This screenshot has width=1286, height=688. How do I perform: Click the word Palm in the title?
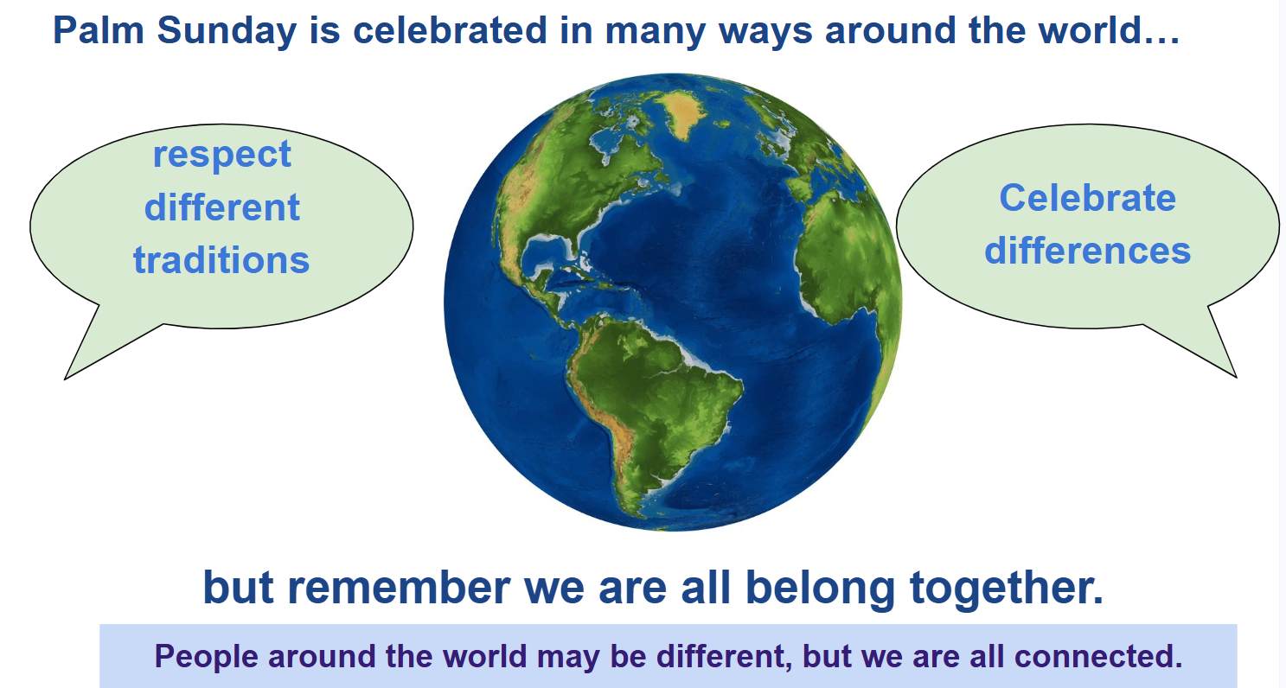99,30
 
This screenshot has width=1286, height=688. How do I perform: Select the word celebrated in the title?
450,30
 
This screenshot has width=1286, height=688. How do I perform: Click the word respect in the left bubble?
222,155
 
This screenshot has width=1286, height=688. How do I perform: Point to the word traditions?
221,260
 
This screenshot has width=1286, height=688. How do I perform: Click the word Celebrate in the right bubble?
1087,198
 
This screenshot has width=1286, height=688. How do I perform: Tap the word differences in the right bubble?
1087,251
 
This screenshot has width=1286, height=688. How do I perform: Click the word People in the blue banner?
206,656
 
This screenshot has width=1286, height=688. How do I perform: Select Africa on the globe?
844,252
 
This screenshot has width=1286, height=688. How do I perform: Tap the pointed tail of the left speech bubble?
65,379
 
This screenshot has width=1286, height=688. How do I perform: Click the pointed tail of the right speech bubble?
1236,377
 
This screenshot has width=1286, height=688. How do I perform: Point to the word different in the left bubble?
222,207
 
